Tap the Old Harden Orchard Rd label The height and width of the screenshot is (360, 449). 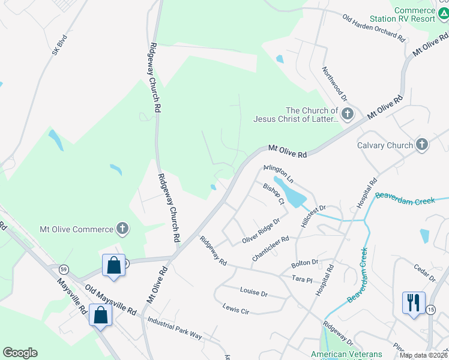coord(373,28)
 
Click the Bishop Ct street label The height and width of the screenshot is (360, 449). coord(273,194)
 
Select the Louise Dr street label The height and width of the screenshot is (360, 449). coord(253,292)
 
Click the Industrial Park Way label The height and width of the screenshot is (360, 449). coord(175,328)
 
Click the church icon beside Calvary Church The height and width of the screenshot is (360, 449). coord(422,145)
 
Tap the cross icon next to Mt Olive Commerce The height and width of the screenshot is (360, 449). coord(122,229)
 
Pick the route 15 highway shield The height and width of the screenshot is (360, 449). coord(430,309)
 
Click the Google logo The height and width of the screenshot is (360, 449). coord(20,353)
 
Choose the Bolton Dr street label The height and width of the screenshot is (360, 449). coord(304,263)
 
